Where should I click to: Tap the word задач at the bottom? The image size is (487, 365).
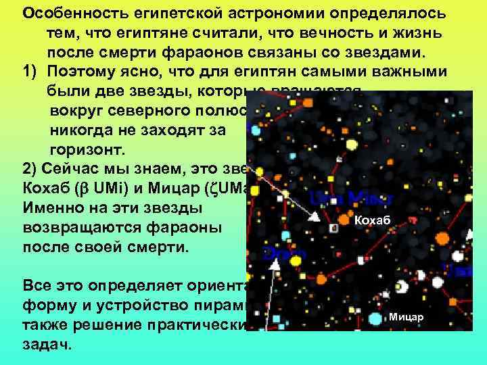48,344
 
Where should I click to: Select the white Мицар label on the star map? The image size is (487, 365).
406,316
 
